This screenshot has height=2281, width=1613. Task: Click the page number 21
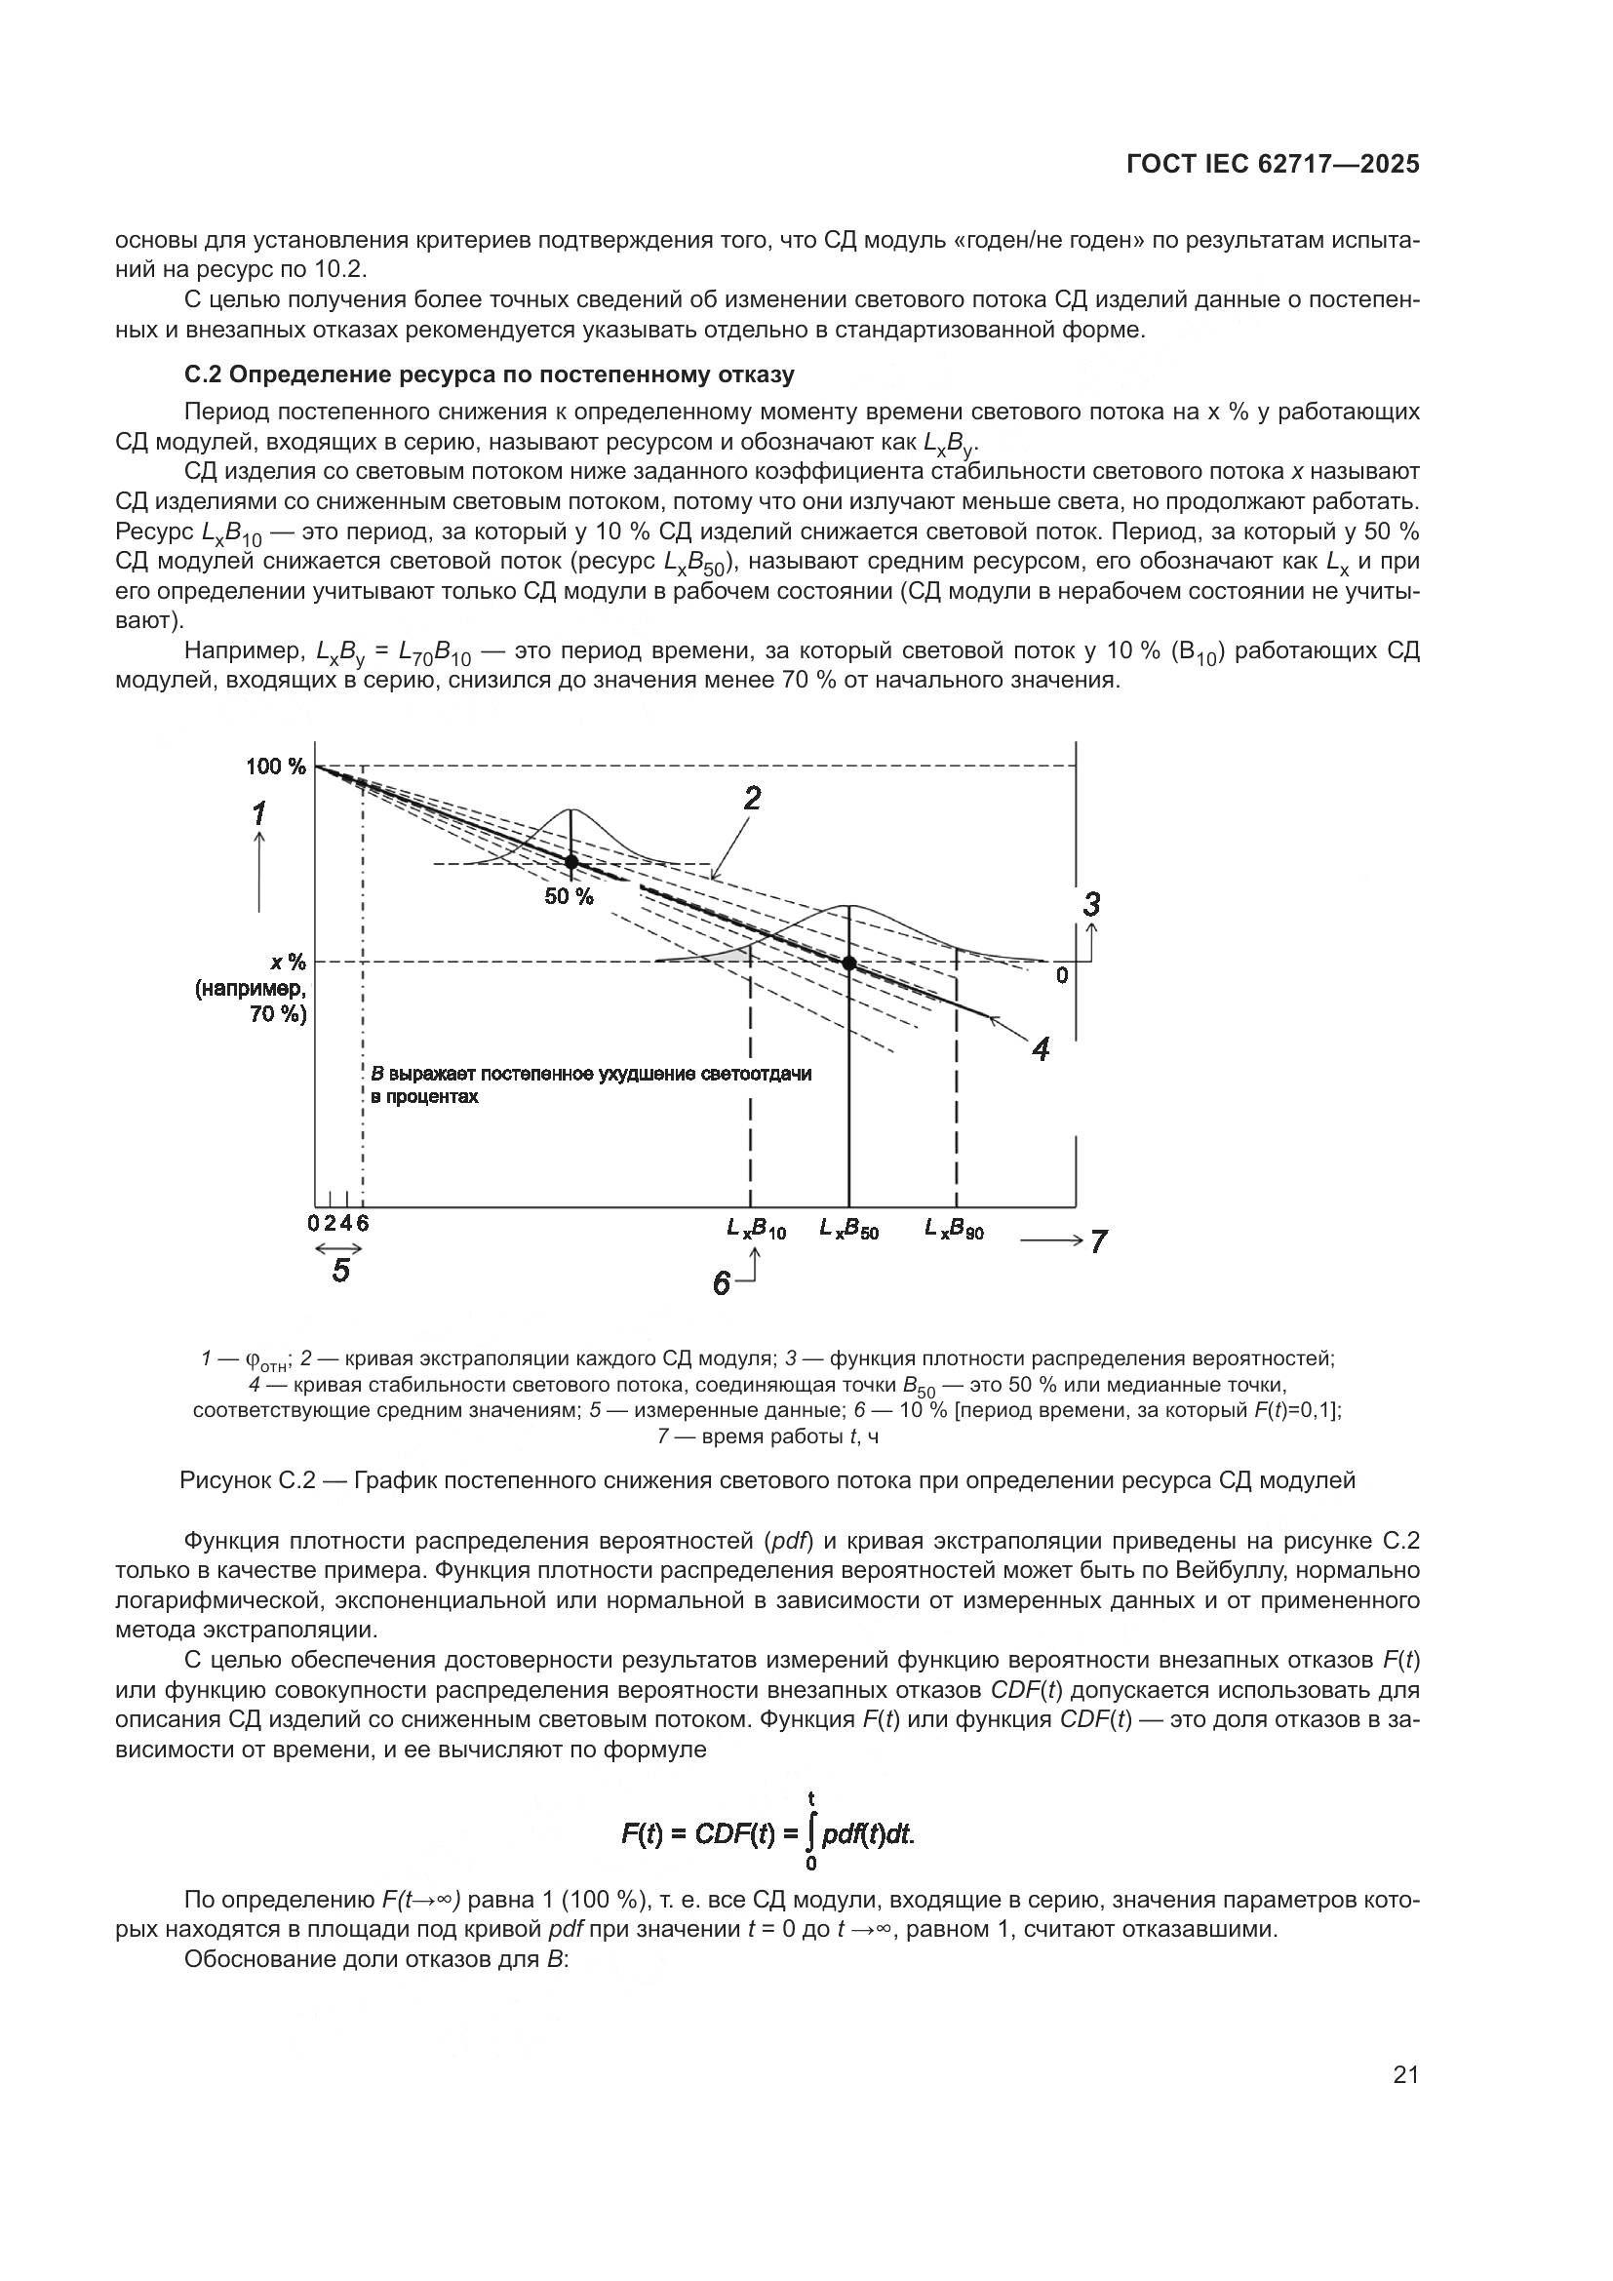(x=1405, y=2074)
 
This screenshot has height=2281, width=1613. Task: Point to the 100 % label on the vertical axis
(x=276, y=766)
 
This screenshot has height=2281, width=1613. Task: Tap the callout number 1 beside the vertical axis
(x=258, y=814)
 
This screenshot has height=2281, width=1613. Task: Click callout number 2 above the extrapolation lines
(x=752, y=798)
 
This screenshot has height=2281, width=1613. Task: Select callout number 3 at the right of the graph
(x=1091, y=904)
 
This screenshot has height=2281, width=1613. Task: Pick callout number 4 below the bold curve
(x=1040, y=1050)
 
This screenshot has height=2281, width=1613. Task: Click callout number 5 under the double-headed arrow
(x=340, y=1271)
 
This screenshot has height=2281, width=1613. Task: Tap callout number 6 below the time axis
(x=721, y=1283)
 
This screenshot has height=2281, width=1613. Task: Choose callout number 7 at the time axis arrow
(x=1098, y=1240)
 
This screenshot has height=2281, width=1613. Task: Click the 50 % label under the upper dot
(x=569, y=897)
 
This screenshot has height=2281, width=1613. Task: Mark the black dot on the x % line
(x=849, y=963)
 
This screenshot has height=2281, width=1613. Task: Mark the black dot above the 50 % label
(x=571, y=861)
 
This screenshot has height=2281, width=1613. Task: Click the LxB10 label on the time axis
(x=756, y=1228)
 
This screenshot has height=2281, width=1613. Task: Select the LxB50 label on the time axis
(x=849, y=1228)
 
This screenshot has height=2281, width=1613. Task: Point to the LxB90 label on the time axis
(x=955, y=1228)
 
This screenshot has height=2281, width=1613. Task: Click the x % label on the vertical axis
(x=288, y=962)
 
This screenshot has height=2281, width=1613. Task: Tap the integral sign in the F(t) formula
(x=811, y=1833)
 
